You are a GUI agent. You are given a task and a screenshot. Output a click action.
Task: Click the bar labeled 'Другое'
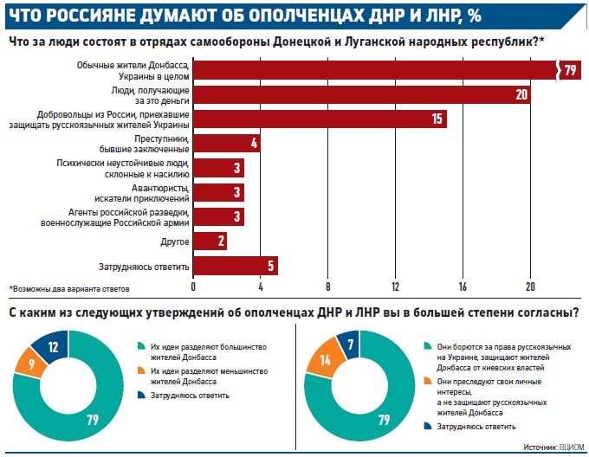click(x=210, y=241)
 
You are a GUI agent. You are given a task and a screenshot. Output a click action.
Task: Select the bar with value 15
click(x=320, y=119)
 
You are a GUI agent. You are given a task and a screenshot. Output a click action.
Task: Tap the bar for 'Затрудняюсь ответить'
click(x=236, y=266)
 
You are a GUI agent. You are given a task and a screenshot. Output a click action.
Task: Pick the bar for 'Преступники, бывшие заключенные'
click(x=227, y=144)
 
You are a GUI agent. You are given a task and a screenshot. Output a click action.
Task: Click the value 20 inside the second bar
click(x=521, y=94)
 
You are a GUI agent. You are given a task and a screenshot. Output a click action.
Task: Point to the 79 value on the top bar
click(x=570, y=70)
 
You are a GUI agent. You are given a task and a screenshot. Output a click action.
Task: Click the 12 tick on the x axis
click(x=395, y=286)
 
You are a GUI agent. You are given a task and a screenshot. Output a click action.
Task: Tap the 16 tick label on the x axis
click(x=463, y=286)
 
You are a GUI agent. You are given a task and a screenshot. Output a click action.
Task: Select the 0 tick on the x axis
click(x=193, y=286)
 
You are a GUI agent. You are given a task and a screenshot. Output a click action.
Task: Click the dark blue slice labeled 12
click(x=51, y=346)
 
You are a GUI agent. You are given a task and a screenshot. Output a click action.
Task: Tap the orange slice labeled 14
click(x=326, y=359)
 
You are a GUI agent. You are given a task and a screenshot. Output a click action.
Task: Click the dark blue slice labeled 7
click(x=350, y=344)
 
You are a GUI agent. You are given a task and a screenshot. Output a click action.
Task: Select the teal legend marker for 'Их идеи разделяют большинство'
click(x=141, y=346)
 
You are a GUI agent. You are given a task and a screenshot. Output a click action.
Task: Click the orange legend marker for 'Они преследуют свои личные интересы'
click(x=428, y=381)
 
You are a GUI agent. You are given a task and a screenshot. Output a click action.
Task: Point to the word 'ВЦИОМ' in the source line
click(x=572, y=447)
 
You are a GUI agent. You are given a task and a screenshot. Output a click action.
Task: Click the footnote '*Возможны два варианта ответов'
click(x=69, y=289)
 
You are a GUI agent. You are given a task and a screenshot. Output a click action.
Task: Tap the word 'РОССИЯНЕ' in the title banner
click(x=92, y=16)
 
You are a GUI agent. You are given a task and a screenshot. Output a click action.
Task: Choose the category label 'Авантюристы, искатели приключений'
click(x=141, y=193)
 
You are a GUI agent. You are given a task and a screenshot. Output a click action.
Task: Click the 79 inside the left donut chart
click(x=93, y=420)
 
